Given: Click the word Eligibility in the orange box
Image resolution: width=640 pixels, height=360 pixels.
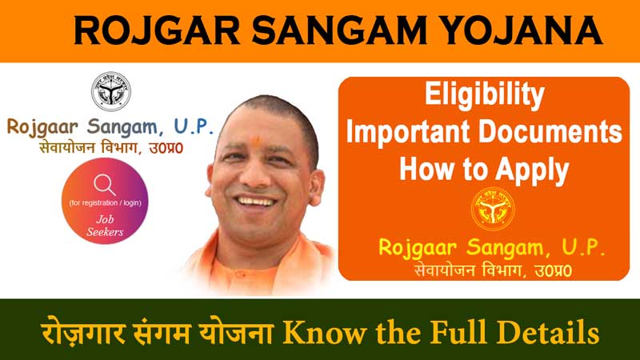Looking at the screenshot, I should (482, 96).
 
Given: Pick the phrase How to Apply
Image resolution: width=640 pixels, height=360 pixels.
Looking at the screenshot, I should (483, 168).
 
